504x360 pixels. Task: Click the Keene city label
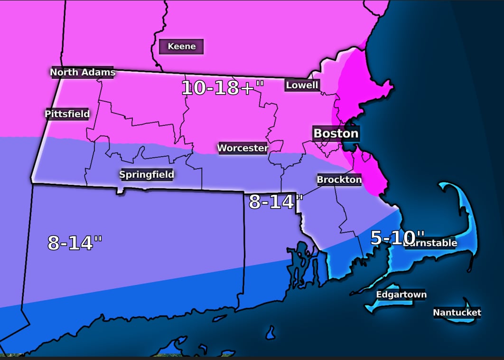pos(181,47)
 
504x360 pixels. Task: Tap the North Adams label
pos(83,72)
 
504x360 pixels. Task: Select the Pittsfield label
pos(67,114)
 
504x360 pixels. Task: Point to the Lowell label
pos(302,85)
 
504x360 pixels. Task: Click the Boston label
pos(336,133)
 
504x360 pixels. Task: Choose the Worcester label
pos(243,148)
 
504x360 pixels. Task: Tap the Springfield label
pos(146,174)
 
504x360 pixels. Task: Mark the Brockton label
pos(339,180)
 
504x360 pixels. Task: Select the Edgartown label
pos(401,294)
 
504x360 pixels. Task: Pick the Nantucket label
pos(457,313)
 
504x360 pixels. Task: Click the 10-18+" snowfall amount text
pos(222,88)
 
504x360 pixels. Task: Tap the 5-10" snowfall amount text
pos(397,237)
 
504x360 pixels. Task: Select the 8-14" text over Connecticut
pos(75,243)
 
